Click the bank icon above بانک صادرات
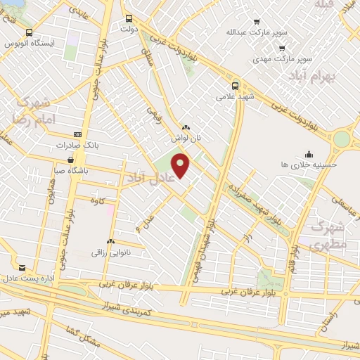(77, 134)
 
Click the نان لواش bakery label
(188, 138)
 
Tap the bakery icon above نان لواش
(186, 127)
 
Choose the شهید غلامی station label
(235, 97)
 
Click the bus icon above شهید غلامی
(236, 86)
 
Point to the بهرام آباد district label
(334, 74)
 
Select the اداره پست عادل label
(30, 278)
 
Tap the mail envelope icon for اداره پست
(22, 268)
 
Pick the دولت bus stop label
(129, 30)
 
